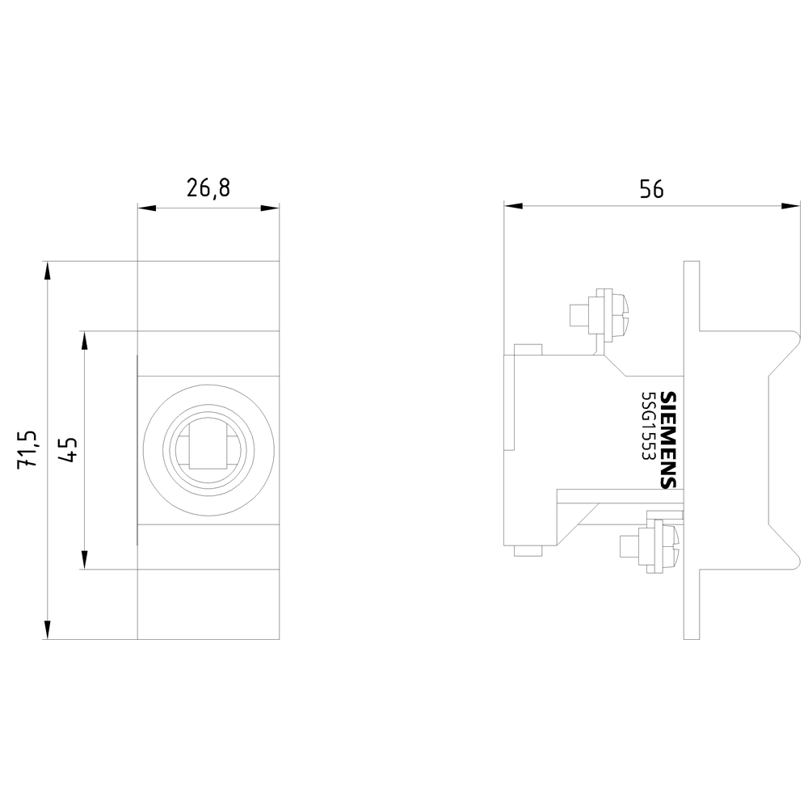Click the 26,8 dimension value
coord(208,189)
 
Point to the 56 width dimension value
coord(652,189)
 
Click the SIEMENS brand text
coord(668,440)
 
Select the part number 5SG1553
coord(647,426)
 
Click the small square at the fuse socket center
coord(208,450)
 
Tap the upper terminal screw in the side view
coord(600,314)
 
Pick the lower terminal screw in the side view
coord(650,546)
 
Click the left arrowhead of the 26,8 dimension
coord(147,208)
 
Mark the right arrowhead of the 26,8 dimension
coord(270,208)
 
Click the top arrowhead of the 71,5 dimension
coord(48,271)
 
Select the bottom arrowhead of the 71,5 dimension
coord(48,629)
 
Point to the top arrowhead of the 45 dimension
coord(85,341)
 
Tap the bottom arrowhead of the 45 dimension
coord(85,560)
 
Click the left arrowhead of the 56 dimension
coord(513,206)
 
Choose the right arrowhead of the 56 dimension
coord(790,206)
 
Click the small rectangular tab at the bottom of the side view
coord(528,551)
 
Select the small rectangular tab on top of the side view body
coord(528,350)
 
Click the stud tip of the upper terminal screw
coord(579,315)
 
